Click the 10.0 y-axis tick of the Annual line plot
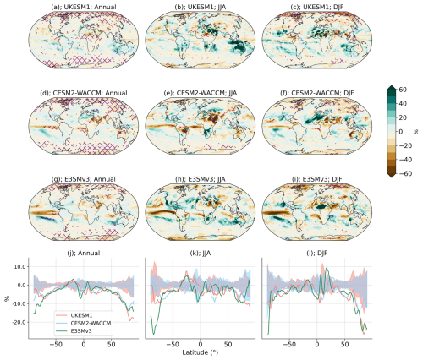16,266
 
